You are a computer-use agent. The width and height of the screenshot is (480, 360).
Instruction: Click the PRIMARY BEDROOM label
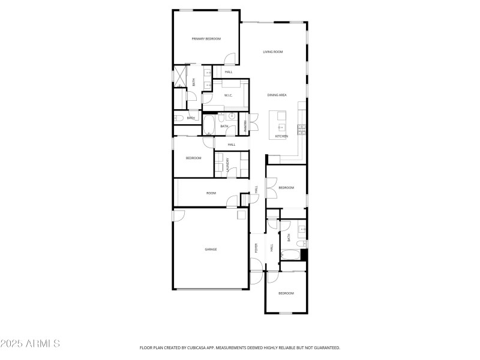[206, 39]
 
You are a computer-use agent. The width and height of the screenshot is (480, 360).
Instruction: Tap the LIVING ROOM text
[273, 52]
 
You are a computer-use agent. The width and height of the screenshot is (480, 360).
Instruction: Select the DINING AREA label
[277, 95]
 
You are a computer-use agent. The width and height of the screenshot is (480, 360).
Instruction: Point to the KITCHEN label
[281, 136]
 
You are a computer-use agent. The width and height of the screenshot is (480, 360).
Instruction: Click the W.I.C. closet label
[229, 95]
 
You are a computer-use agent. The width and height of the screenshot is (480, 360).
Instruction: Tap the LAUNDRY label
[228, 165]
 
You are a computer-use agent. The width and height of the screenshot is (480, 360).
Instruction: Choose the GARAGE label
[211, 249]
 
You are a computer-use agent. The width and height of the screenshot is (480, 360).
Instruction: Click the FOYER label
[256, 247]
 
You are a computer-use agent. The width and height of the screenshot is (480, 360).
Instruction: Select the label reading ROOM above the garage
[211, 193]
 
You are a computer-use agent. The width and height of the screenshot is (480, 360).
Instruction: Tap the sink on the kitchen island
[281, 127]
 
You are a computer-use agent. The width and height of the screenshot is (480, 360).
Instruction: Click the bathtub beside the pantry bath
[209, 125]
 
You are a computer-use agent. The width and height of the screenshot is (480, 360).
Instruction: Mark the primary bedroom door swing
[229, 59]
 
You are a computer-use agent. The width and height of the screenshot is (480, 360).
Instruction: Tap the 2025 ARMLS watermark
[30, 344]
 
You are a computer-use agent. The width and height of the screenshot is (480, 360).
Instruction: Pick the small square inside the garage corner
[241, 214]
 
